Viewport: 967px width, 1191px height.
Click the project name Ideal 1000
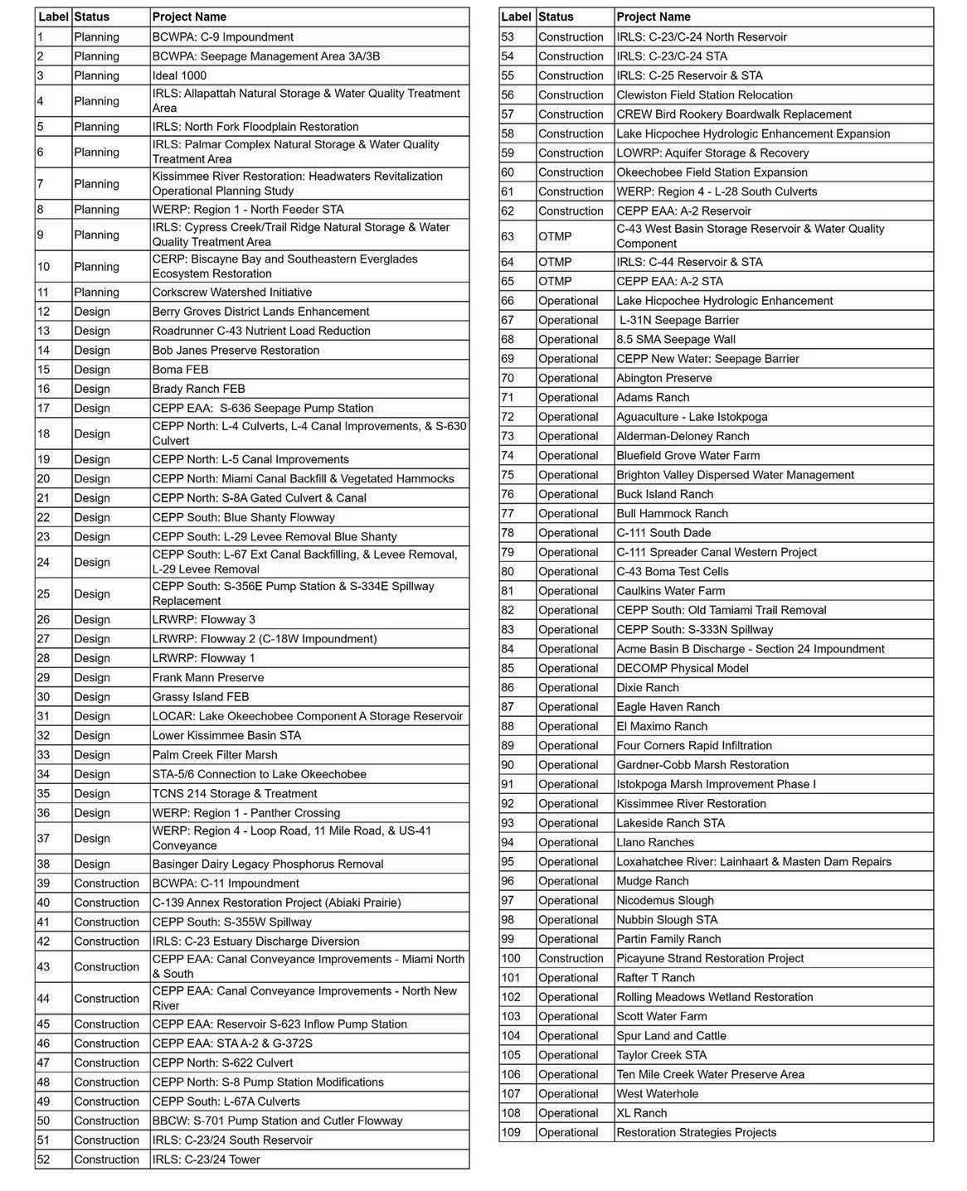179,75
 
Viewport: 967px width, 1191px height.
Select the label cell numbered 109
513,1132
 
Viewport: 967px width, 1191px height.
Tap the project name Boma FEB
180,370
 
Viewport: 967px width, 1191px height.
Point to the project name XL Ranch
641,1113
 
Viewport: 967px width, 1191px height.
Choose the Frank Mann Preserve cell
207,677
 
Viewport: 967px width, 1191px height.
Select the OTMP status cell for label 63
555,236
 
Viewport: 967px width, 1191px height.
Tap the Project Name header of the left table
189,17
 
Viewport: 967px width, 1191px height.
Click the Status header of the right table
556,17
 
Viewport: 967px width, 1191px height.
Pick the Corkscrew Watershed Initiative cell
231,292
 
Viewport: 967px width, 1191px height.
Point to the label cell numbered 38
44,864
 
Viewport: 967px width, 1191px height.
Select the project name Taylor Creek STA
661,1055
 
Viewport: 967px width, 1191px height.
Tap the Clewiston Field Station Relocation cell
704,94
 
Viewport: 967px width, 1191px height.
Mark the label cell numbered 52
44,1159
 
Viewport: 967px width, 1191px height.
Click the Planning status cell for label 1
96,36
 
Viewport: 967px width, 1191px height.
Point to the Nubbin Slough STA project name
667,919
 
